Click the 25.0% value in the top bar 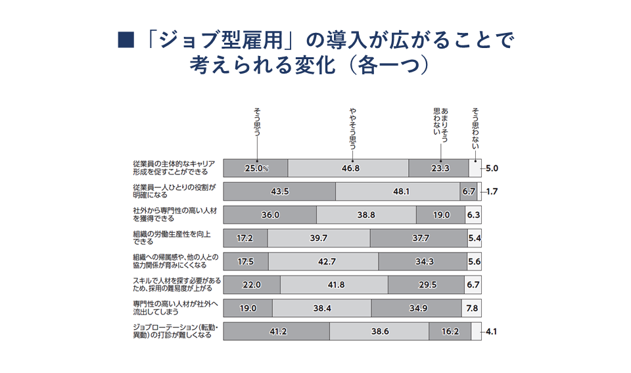click(x=256, y=168)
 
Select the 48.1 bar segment click(x=398, y=191)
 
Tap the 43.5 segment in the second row click(x=279, y=191)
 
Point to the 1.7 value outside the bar click(x=492, y=191)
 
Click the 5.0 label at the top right click(x=492, y=168)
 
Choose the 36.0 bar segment click(x=269, y=215)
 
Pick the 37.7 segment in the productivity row click(x=419, y=238)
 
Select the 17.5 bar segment click(x=245, y=261)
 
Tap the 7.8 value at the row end click(x=473, y=308)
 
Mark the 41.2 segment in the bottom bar click(x=277, y=332)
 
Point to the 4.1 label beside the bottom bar click(x=492, y=332)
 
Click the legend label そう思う click(x=256, y=122)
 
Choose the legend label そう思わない click(x=475, y=125)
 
